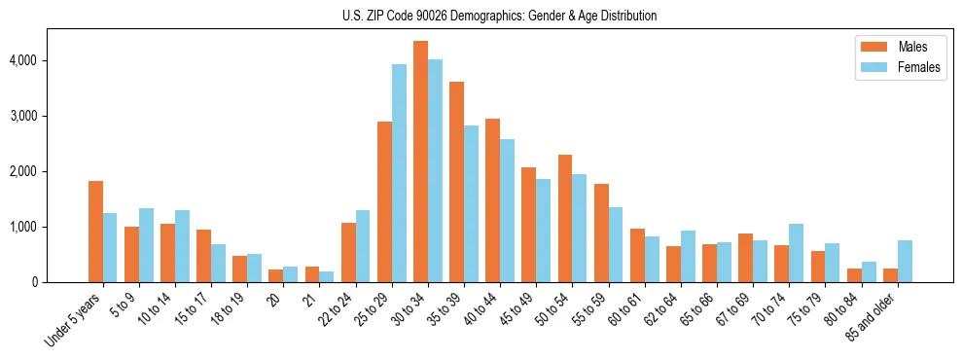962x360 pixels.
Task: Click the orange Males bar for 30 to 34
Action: [420, 162]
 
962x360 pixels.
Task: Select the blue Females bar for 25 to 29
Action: [399, 173]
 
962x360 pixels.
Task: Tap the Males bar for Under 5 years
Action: [95, 232]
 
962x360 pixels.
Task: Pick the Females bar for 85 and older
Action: [905, 261]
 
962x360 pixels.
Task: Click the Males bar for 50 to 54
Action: [564, 218]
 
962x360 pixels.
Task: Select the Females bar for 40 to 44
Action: [507, 210]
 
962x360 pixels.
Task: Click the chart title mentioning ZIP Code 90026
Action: [500, 16]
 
